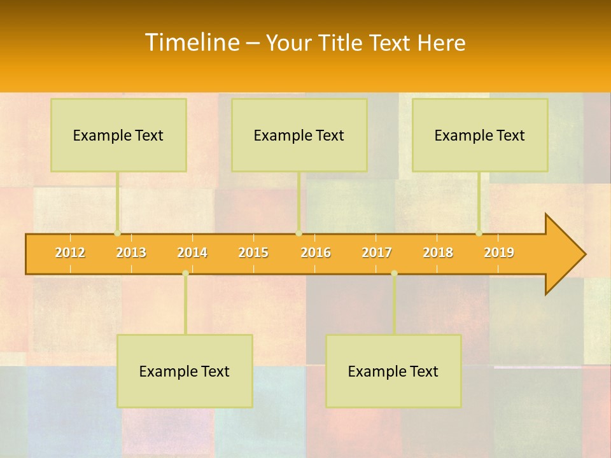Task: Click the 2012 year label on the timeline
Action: point(70,253)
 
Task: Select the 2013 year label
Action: point(131,253)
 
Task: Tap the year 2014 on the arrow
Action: point(192,253)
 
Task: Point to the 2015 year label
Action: point(253,253)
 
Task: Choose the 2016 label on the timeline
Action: point(316,253)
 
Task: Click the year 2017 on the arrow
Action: point(377,253)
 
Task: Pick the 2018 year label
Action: point(438,253)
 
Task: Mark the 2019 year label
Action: point(499,253)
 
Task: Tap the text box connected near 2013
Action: point(118,135)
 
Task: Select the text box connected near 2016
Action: point(299,135)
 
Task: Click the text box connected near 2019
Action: point(480,135)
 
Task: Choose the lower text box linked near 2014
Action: point(185,371)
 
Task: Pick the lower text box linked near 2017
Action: point(393,371)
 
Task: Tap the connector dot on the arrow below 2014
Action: point(185,273)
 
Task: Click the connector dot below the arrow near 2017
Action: point(394,273)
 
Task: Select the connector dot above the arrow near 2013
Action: point(117,233)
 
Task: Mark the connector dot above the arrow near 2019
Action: point(479,233)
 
